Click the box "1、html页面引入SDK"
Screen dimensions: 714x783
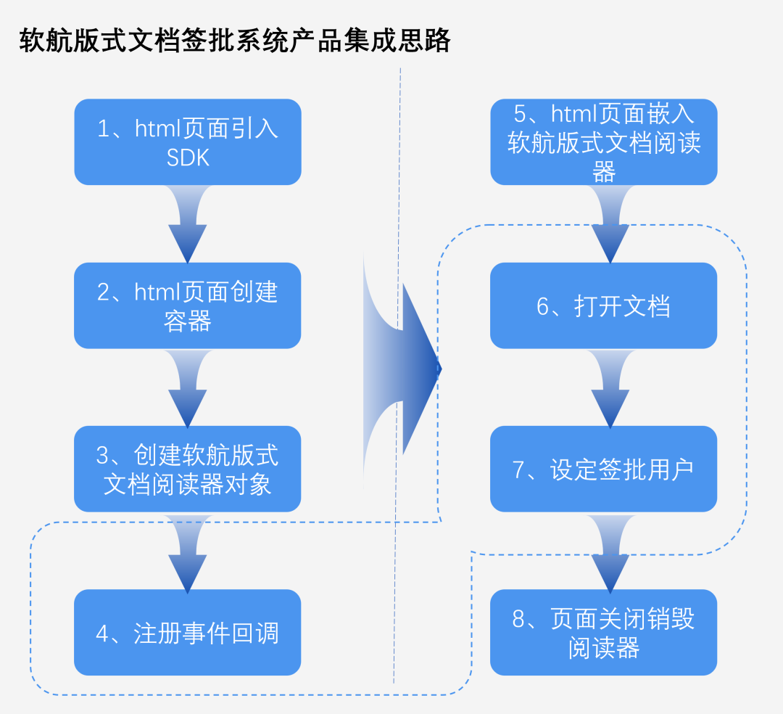pyautogui.click(x=187, y=142)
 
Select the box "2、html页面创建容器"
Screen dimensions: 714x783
pyautogui.click(x=187, y=305)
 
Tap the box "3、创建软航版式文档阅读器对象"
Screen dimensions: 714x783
pyautogui.click(x=187, y=469)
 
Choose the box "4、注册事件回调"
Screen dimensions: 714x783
pyautogui.click(x=187, y=632)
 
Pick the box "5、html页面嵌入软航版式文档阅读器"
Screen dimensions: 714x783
pyautogui.click(x=603, y=142)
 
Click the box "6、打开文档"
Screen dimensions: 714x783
pyautogui.click(x=603, y=305)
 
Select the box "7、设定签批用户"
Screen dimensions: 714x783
pyautogui.click(x=603, y=469)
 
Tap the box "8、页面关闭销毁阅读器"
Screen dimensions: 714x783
pyautogui.click(x=603, y=632)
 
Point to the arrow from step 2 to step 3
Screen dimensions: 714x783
pyautogui.click(x=187, y=387)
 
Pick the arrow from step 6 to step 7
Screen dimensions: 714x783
pyautogui.click(x=610, y=387)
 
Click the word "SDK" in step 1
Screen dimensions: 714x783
pyautogui.click(x=188, y=158)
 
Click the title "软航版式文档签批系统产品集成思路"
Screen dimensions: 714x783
pyautogui.click(x=235, y=41)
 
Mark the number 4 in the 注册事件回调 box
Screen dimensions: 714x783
pyautogui.click(x=103, y=633)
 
